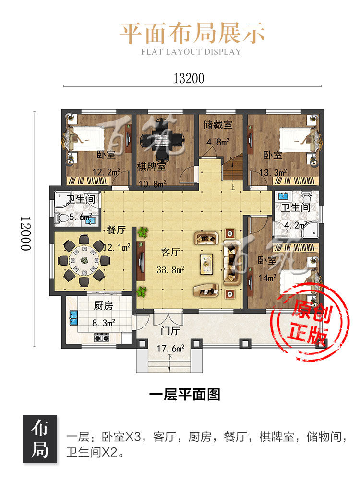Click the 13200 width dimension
tap(189, 79)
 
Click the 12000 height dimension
tap(26, 233)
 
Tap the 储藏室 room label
tap(218, 125)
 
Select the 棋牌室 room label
tap(152, 167)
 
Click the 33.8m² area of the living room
tap(170, 269)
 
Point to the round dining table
tap(84, 261)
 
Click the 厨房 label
tap(104, 305)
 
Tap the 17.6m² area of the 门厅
tap(170, 349)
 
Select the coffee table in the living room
tap(206, 264)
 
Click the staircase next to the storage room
tap(233, 171)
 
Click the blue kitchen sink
tap(73, 318)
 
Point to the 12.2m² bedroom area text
tap(106, 172)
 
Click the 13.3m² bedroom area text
tap(273, 172)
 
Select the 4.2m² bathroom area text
tap(295, 225)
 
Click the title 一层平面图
tap(185, 395)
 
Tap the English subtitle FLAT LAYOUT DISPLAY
tap(191, 52)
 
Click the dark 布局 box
tap(40, 439)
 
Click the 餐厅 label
tap(116, 229)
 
